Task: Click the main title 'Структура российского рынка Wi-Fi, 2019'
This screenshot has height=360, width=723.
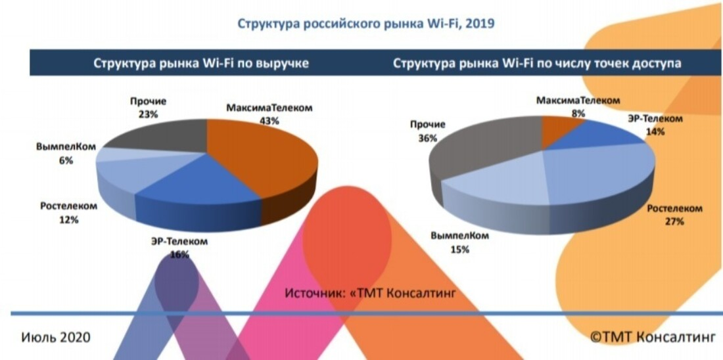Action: click(365, 25)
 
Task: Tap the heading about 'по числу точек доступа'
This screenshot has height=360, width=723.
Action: click(536, 64)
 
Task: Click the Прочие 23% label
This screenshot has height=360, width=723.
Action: click(148, 108)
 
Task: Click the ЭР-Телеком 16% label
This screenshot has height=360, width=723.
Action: click(179, 248)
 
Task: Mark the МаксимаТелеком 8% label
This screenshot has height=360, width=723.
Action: click(578, 106)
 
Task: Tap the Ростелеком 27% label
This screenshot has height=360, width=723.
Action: click(674, 215)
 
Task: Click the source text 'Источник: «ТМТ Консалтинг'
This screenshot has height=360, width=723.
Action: click(369, 291)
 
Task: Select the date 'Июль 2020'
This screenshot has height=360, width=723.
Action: click(56, 338)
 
